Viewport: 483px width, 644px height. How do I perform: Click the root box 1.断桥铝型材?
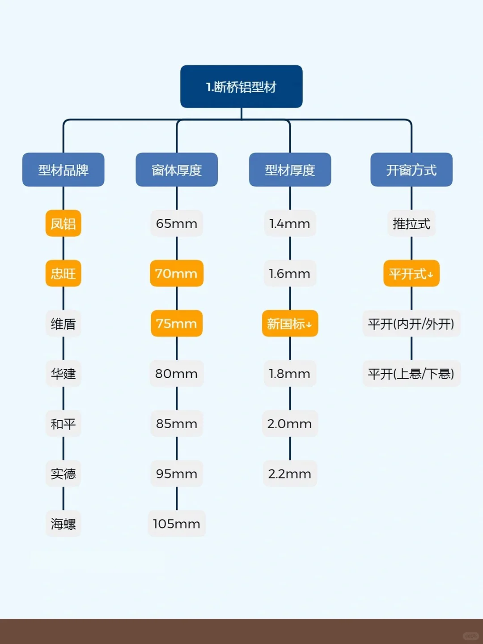241,86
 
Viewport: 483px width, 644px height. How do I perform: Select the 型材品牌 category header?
63,170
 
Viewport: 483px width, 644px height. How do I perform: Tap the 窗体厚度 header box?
177,170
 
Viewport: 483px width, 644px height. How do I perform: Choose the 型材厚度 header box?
290,170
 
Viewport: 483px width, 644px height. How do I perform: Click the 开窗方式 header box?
411,170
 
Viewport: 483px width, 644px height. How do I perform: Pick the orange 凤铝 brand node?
63,223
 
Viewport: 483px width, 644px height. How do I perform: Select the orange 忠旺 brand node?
63,273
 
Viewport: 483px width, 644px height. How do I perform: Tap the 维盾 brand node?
63,324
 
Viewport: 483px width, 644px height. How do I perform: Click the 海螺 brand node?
63,524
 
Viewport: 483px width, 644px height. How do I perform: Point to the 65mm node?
177,223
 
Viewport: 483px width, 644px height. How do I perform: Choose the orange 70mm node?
177,273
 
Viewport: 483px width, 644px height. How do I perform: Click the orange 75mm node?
177,324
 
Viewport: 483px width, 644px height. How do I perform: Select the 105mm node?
177,524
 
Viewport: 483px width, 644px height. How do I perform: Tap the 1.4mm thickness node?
290,223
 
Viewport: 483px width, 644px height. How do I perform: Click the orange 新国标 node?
290,324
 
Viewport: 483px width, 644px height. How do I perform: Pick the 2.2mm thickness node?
290,473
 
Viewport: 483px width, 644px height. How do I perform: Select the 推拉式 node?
411,223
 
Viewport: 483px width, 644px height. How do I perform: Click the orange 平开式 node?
411,273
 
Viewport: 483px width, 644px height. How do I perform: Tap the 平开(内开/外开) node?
411,324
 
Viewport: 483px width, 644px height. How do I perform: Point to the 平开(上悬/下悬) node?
411,374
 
